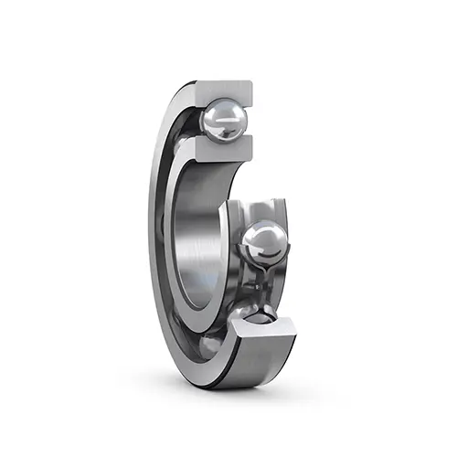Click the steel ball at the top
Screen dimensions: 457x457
[x=222, y=119]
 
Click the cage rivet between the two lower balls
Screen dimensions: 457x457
[x=260, y=283]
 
